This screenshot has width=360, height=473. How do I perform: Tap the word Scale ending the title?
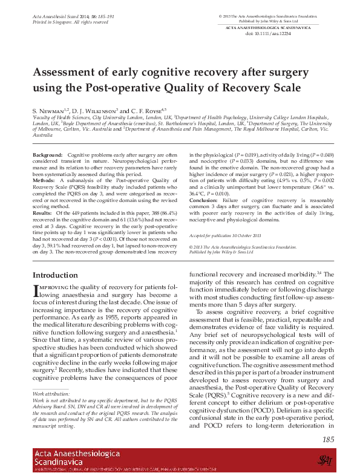[x=284, y=88]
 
